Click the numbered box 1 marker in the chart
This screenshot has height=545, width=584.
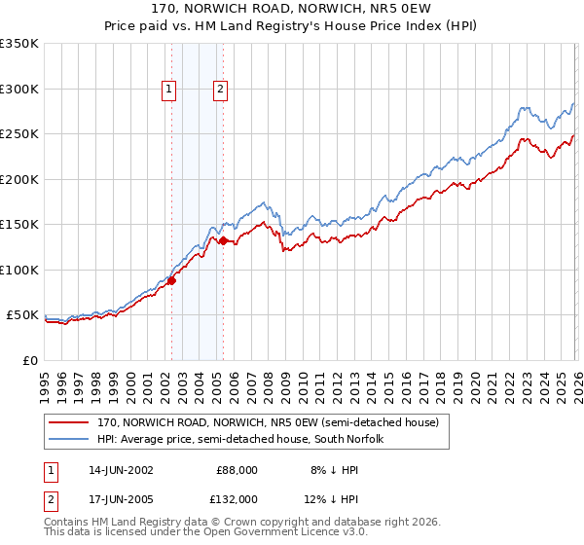[x=169, y=90]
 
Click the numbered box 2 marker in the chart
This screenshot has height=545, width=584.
[x=221, y=90]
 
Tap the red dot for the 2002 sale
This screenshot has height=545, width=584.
[x=172, y=281]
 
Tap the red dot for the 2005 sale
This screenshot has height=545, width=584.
[x=224, y=240]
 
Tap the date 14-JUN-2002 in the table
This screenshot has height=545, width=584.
[x=121, y=469]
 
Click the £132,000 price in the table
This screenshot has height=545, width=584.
[x=237, y=498]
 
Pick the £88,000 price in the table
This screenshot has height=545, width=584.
[x=237, y=469]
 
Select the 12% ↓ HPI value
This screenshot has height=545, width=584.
[x=325, y=498]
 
